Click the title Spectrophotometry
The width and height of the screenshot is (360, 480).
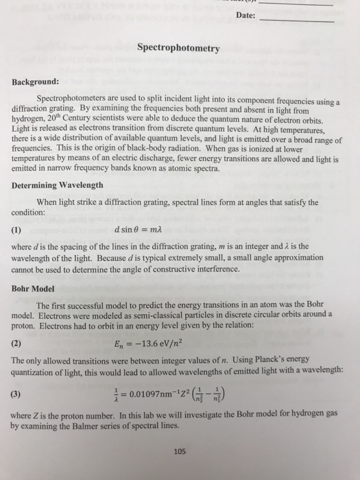(x=178, y=49)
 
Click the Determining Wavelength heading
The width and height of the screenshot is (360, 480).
(x=58, y=185)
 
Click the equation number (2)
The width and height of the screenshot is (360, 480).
(x=18, y=344)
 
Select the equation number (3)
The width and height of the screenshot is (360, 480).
(x=18, y=395)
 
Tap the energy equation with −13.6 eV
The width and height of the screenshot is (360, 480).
(x=158, y=344)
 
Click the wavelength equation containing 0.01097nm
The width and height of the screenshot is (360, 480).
(x=177, y=394)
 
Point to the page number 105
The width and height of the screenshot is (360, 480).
(x=179, y=451)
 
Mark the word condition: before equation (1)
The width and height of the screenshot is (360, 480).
(x=32, y=212)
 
